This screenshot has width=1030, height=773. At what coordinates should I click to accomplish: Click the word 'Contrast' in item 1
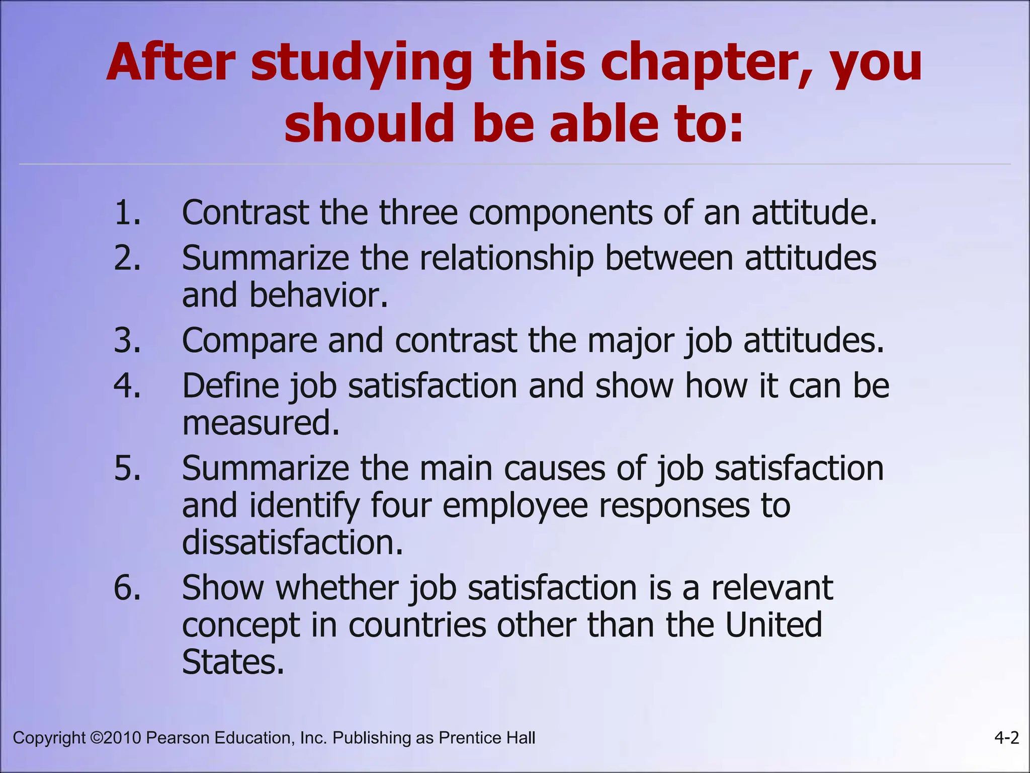tap(245, 212)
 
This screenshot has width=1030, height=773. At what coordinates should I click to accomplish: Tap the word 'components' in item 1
tap(560, 213)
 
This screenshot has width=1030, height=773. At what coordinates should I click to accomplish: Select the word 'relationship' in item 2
tap(506, 259)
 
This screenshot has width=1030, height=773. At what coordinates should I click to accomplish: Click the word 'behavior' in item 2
tap(318, 295)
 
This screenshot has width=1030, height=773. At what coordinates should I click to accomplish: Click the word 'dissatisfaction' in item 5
tap(292, 543)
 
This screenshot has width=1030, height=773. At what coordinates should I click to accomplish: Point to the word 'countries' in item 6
tap(417, 625)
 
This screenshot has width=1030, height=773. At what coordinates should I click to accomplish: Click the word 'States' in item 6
tap(232, 662)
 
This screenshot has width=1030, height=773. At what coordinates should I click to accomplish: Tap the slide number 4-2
tap(1006, 738)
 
